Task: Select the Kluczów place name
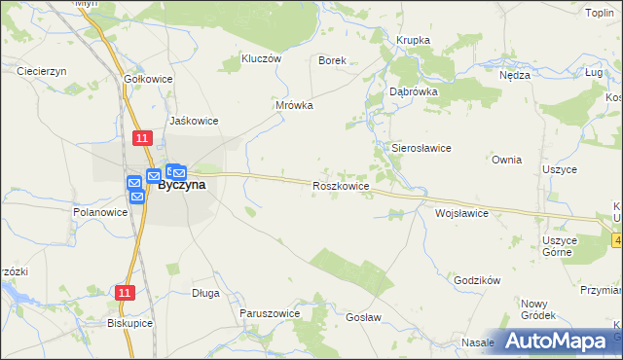(x=261, y=58)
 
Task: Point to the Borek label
(x=333, y=59)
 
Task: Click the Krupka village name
(x=413, y=40)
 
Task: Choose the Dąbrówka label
(x=414, y=90)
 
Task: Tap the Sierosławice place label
(x=421, y=148)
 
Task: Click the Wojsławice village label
(x=461, y=212)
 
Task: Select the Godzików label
(x=477, y=280)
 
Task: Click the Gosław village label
(x=362, y=317)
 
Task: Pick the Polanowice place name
(x=101, y=211)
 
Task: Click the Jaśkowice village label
(x=194, y=121)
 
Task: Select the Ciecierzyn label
(x=42, y=71)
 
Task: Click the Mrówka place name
(x=294, y=105)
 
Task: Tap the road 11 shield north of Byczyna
(x=143, y=138)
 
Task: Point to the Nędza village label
(x=514, y=75)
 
